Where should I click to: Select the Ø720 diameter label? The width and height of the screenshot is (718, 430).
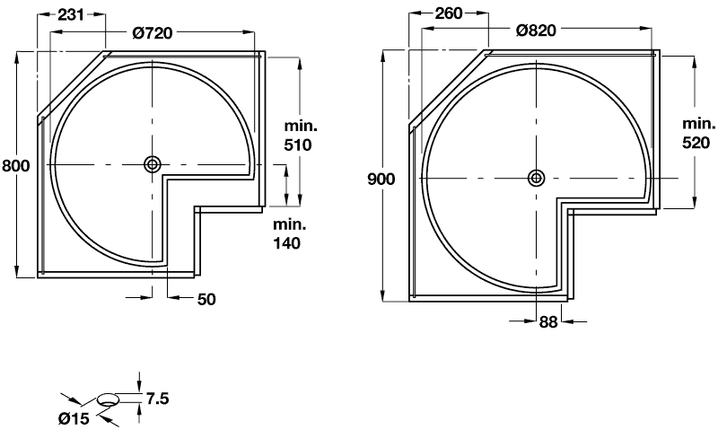152,32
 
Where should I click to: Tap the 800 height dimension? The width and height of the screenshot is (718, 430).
16,165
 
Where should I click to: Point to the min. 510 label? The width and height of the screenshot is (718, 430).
298,137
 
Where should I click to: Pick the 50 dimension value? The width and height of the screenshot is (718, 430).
206,300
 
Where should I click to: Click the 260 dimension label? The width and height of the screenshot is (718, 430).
448,13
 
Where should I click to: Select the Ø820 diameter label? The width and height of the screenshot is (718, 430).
537,30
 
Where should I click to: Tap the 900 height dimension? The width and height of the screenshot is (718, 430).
381,179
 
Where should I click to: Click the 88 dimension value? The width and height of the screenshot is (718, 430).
548,321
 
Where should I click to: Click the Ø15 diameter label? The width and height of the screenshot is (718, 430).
76,416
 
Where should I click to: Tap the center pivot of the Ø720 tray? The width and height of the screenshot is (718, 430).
152,164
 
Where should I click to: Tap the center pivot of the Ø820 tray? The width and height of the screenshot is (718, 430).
537,177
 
